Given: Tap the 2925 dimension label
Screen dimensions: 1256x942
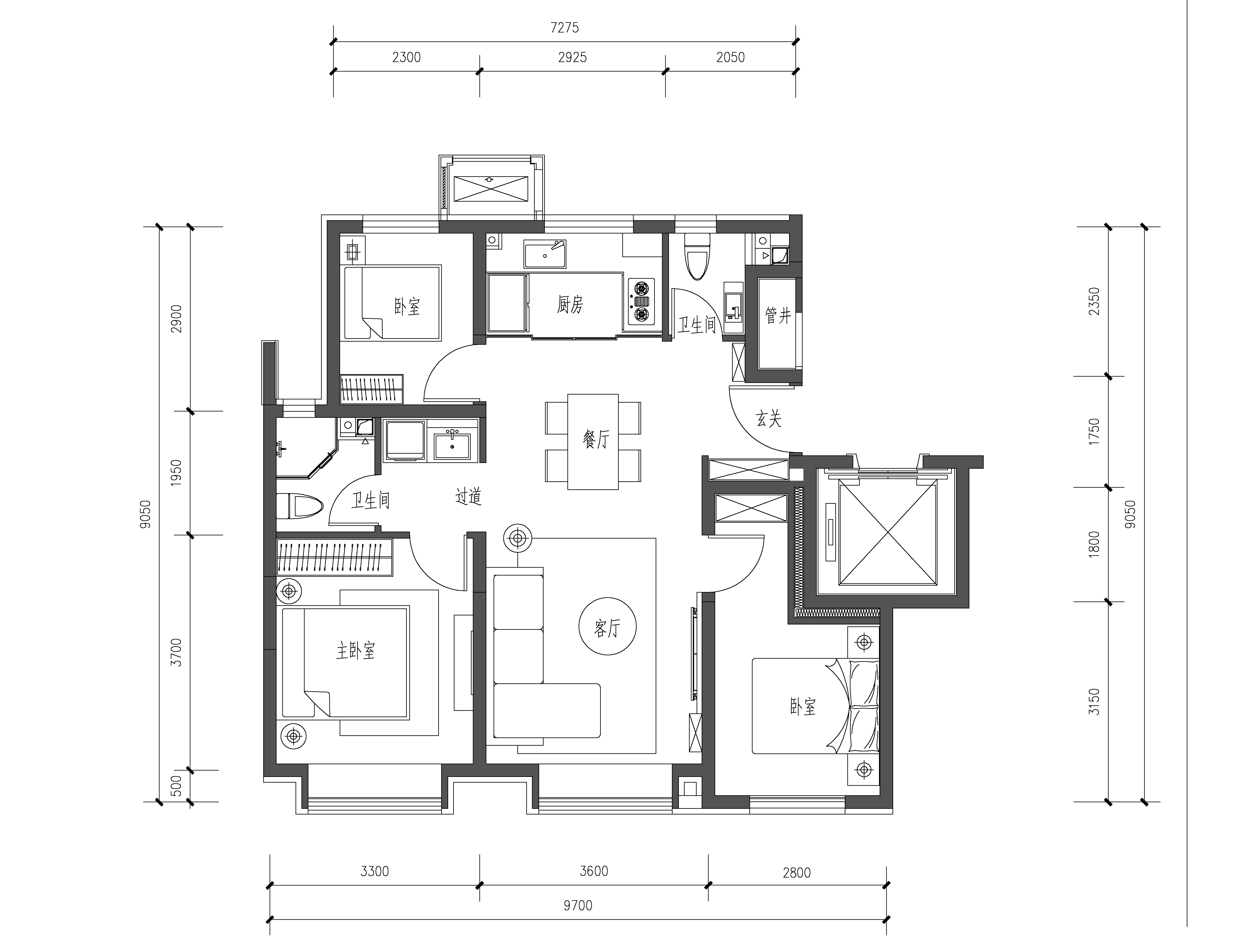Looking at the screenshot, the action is coord(572,57).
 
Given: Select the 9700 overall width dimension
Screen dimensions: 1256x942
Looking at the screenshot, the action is coord(578,905).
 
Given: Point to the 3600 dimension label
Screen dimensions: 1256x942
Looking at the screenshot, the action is coord(594,871).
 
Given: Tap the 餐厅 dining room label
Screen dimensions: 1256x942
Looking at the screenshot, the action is coord(596,439).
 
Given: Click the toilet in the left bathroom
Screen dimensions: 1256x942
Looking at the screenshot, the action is coord(300,505).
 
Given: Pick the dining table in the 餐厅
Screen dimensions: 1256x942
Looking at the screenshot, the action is coord(593,442).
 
